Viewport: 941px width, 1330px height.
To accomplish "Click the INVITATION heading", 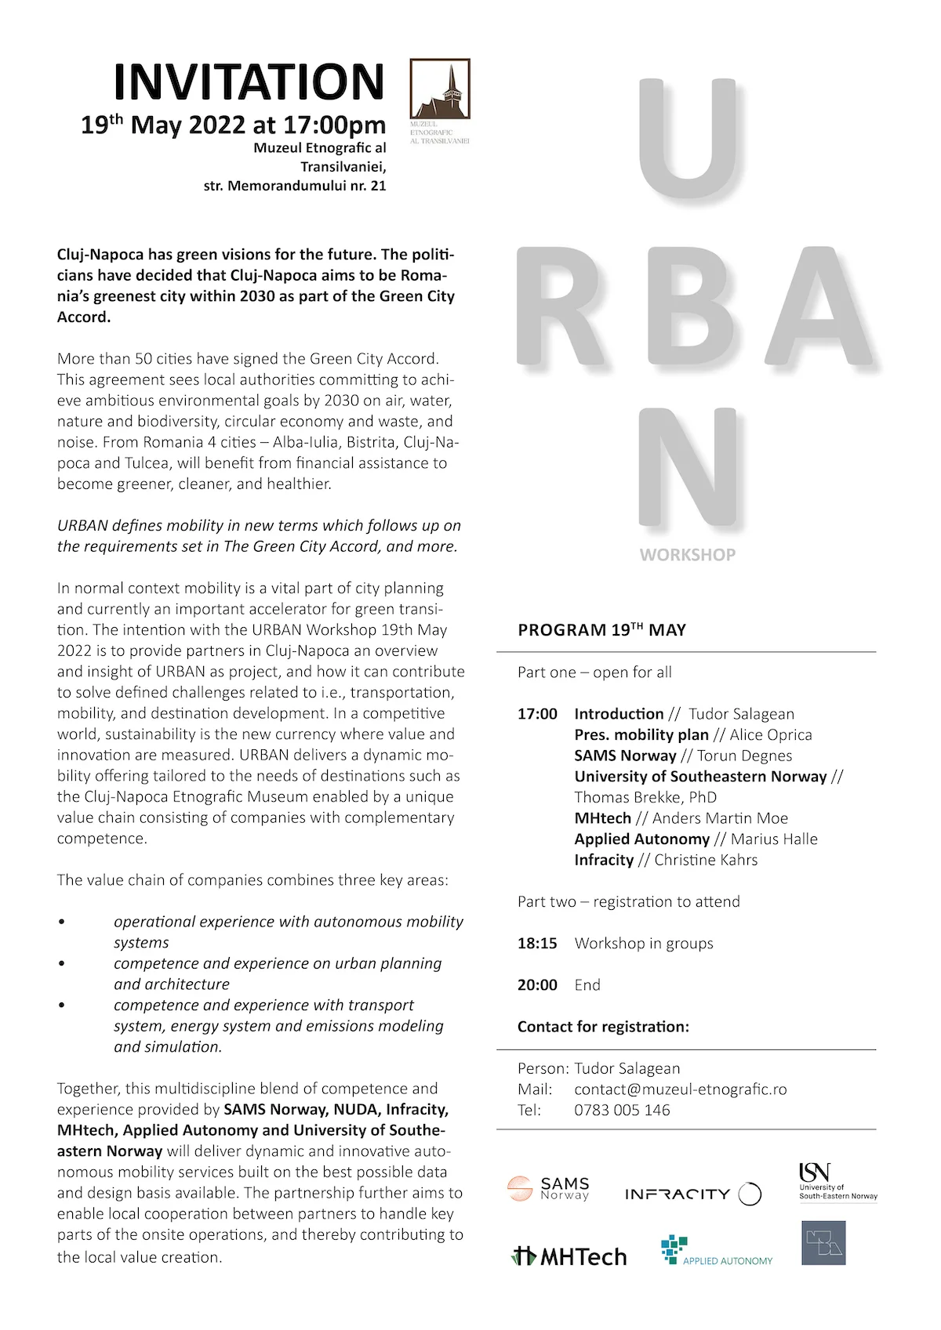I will pyautogui.click(x=249, y=82).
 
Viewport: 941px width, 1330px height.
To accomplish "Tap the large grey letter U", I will pyautogui.click(x=688, y=138).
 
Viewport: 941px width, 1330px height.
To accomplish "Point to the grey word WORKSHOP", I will pyautogui.click(x=688, y=555).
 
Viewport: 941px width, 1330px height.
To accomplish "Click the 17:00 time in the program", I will pyautogui.click(x=537, y=714).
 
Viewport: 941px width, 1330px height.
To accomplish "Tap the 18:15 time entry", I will pyautogui.click(x=537, y=944).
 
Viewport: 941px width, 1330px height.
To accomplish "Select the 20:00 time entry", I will pyautogui.click(x=537, y=985).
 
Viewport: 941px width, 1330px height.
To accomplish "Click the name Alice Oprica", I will pyautogui.click(x=771, y=735).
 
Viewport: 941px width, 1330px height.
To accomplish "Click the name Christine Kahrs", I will pyautogui.click(x=706, y=860).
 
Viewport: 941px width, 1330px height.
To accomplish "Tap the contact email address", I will pyautogui.click(x=680, y=1089).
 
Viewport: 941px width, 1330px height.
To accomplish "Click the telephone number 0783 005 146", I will pyautogui.click(x=622, y=1111).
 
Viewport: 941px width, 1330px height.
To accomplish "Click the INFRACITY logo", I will pyautogui.click(x=692, y=1194).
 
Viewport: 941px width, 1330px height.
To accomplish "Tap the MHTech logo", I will pyautogui.click(x=569, y=1256).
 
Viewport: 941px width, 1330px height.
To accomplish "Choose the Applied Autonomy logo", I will pyautogui.click(x=717, y=1252).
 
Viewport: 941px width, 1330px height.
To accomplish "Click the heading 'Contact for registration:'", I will pyautogui.click(x=603, y=1027).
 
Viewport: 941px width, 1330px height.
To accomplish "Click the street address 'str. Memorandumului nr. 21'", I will pyautogui.click(x=295, y=187).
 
